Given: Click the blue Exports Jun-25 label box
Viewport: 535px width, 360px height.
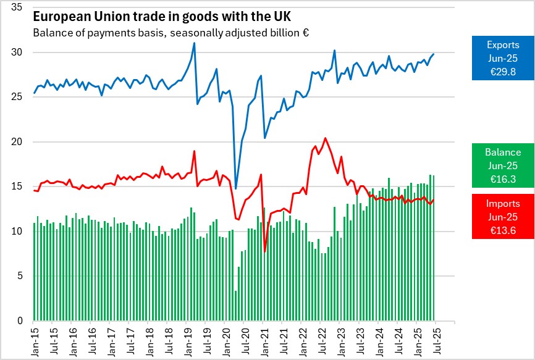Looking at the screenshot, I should [x=503, y=57].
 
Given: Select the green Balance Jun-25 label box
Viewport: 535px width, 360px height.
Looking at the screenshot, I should [x=503, y=165].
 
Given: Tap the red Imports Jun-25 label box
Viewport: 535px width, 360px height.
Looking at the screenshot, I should [x=503, y=216].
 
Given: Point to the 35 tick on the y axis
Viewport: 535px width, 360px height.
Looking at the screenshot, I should [x=17, y=7].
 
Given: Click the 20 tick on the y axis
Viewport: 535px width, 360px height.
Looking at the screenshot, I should [x=17, y=142].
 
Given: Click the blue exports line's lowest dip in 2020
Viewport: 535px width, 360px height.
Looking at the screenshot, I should [x=236, y=188].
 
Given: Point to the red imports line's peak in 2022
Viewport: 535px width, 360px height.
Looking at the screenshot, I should [x=326, y=138].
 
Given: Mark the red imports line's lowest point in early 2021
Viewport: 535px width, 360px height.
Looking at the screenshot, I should [x=265, y=251].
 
